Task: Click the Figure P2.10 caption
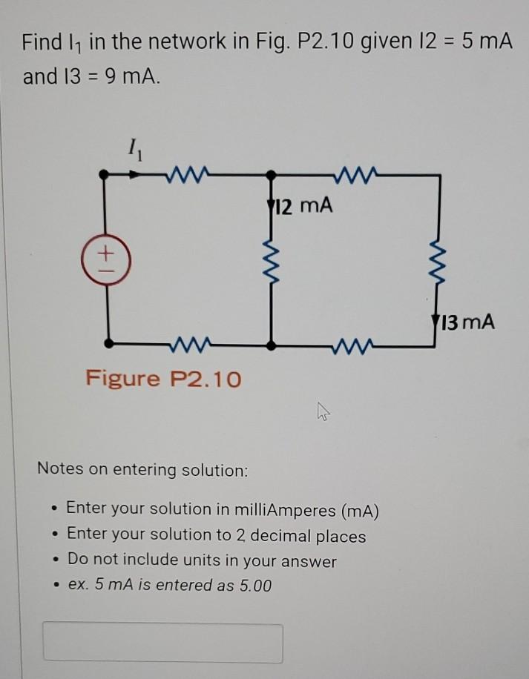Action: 163,379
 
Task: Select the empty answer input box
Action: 163,643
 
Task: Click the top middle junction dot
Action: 272,176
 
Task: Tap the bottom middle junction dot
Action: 272,344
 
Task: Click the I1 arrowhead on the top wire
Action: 138,176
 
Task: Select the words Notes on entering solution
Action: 142,470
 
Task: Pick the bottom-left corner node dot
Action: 109,344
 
